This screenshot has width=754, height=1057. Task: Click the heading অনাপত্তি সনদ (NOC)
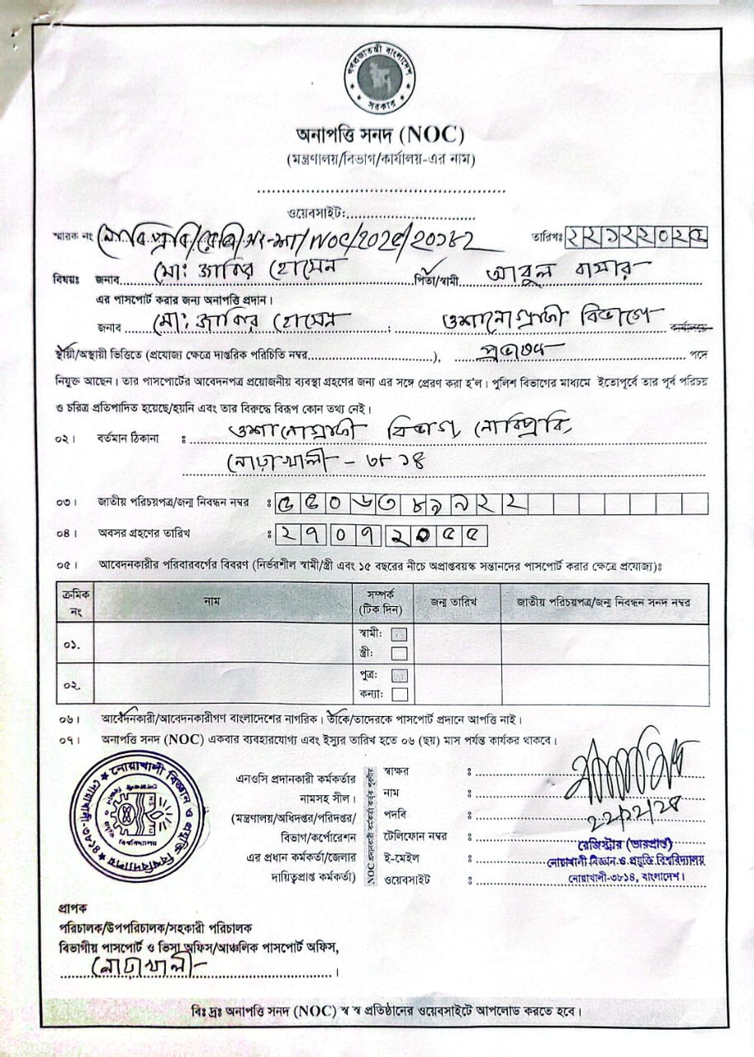380,135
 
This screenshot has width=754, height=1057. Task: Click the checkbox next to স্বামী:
400,634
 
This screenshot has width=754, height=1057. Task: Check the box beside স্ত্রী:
400,653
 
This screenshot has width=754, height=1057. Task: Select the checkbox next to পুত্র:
400,675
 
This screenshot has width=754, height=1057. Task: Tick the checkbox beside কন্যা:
400,694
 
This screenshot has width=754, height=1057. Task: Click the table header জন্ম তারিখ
453,602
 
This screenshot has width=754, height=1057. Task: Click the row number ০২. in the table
71,685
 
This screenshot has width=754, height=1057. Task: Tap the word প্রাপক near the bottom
72,907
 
